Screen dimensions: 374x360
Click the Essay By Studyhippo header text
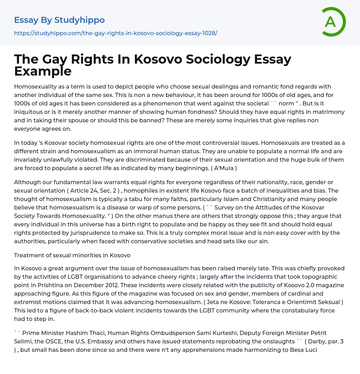[59, 20]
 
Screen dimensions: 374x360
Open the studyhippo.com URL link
[116, 33]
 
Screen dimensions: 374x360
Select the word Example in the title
[43, 71]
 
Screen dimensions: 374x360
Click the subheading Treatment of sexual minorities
[72, 255]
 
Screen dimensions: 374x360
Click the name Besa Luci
[304, 350]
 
